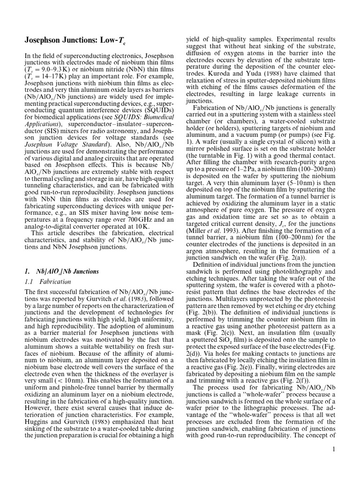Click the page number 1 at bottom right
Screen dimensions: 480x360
[x=333, y=450]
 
